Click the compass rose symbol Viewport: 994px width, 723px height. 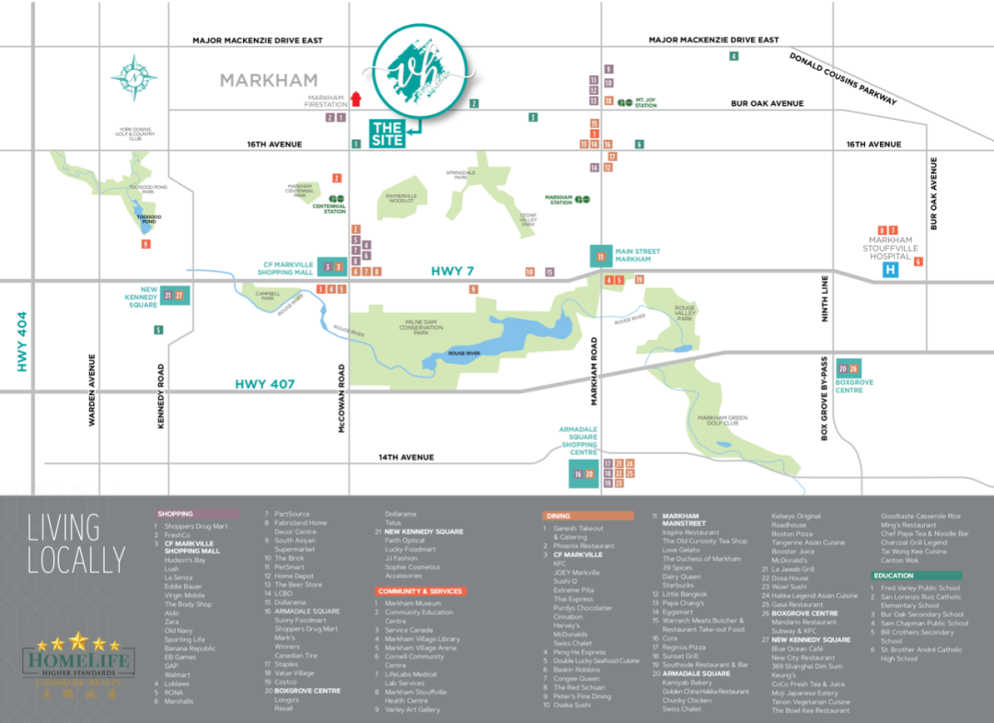[134, 78]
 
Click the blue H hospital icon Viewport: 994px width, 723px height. [890, 270]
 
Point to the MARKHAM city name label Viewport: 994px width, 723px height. [269, 81]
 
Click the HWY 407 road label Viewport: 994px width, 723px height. [265, 384]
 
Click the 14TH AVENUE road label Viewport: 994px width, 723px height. [406, 458]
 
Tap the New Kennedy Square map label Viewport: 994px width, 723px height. [142, 296]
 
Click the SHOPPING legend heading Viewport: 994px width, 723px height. [175, 514]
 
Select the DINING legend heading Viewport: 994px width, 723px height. [558, 516]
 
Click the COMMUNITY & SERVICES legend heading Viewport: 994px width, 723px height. [420, 591]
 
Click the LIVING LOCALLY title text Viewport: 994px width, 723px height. [75, 543]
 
